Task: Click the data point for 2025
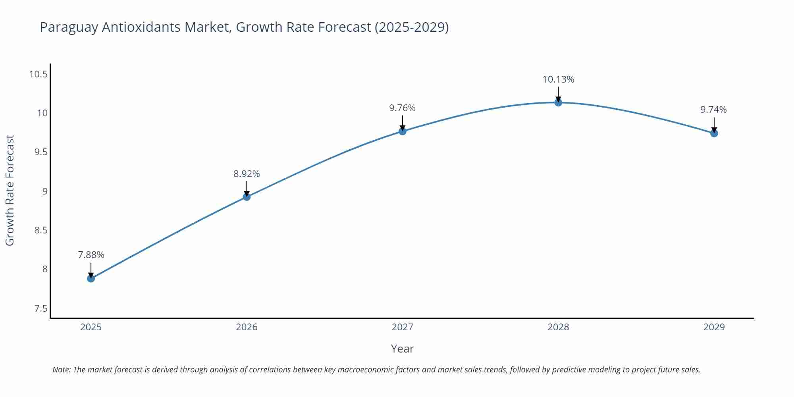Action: tap(91, 278)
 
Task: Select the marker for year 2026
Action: tap(247, 197)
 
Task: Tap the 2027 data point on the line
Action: tap(403, 131)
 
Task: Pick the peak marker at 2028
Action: tap(558, 102)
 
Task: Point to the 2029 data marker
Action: tap(714, 133)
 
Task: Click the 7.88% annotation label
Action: tap(91, 255)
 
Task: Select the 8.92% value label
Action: tap(247, 174)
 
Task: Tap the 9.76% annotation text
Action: tap(402, 108)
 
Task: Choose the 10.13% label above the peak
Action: tap(558, 79)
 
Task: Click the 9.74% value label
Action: tap(713, 110)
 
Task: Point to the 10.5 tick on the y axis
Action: tap(39, 74)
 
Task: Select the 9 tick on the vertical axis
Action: tap(44, 191)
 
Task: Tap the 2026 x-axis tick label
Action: tap(247, 327)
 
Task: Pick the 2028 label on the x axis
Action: tap(558, 327)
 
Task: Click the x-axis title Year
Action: tap(402, 349)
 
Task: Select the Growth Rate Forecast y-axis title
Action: tap(10, 190)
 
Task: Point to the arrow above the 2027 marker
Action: tap(403, 122)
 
